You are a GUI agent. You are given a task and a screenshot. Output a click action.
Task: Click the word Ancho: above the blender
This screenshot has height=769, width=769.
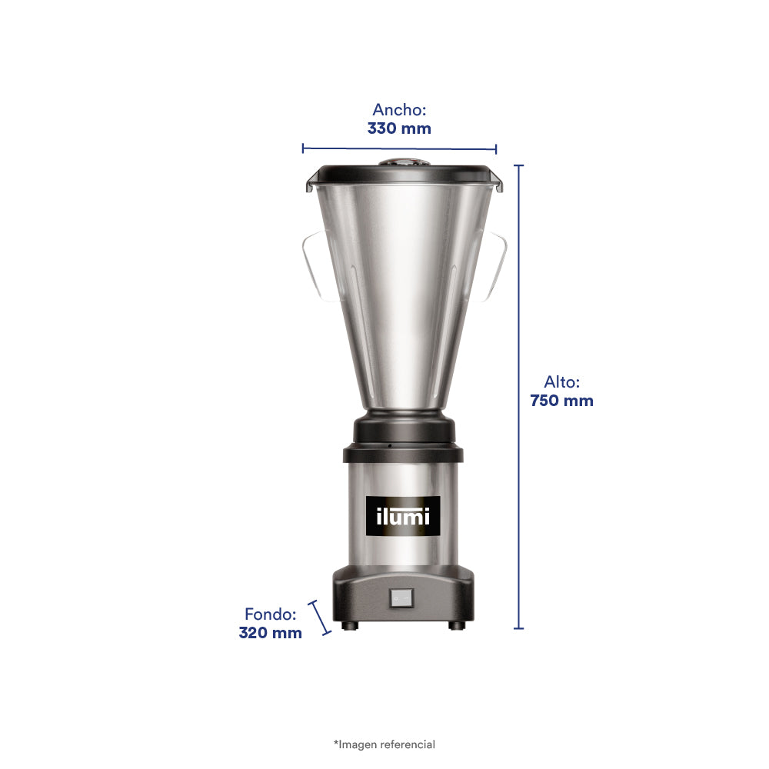(x=399, y=109)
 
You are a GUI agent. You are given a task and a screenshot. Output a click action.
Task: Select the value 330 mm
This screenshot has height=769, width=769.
(x=399, y=128)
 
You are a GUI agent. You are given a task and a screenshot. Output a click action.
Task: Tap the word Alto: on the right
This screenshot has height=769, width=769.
(x=561, y=381)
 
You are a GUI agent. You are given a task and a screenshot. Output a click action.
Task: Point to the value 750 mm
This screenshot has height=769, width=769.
(x=561, y=401)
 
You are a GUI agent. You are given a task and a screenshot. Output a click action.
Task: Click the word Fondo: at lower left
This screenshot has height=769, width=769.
(x=270, y=614)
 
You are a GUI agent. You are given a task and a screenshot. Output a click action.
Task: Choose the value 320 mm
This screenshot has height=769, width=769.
(x=270, y=633)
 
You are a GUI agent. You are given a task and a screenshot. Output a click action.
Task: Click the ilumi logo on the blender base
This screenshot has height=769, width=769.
(x=403, y=516)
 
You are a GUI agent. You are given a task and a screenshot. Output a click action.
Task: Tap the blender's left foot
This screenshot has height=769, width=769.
(x=350, y=625)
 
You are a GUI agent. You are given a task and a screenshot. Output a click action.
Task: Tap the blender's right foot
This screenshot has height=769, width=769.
(x=456, y=625)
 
